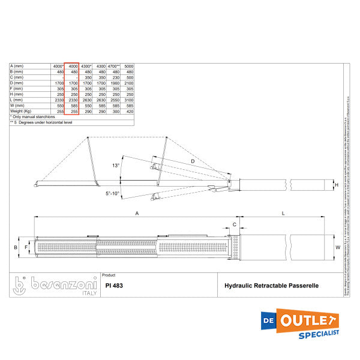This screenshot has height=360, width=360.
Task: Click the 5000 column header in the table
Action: click(128, 65)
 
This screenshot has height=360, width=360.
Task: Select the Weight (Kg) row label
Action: click(21, 112)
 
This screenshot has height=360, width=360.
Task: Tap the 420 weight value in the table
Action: click(129, 112)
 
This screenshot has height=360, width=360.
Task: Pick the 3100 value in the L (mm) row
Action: click(128, 100)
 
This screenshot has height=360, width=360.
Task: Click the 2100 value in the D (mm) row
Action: click(128, 83)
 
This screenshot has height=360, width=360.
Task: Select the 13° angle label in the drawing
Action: click(116, 165)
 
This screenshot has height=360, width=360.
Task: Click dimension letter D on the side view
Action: click(192, 161)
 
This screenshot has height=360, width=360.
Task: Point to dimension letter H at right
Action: click(337, 185)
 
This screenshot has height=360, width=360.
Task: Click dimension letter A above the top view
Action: click(137, 213)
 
